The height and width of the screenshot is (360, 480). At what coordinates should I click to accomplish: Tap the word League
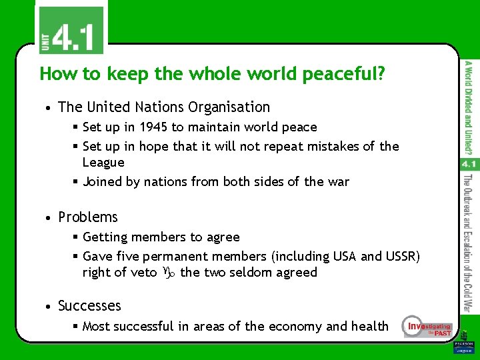click(x=103, y=162)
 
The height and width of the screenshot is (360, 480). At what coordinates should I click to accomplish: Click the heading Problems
click(x=88, y=217)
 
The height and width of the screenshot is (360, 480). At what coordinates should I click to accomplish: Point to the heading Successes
click(x=89, y=306)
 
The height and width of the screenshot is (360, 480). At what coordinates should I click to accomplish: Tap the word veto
click(x=143, y=272)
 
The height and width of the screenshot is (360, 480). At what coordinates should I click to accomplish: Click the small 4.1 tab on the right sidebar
click(x=468, y=163)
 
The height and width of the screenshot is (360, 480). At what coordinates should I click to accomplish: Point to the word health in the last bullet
click(x=369, y=326)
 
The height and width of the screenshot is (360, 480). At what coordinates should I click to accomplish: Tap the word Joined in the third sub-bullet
click(x=101, y=181)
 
